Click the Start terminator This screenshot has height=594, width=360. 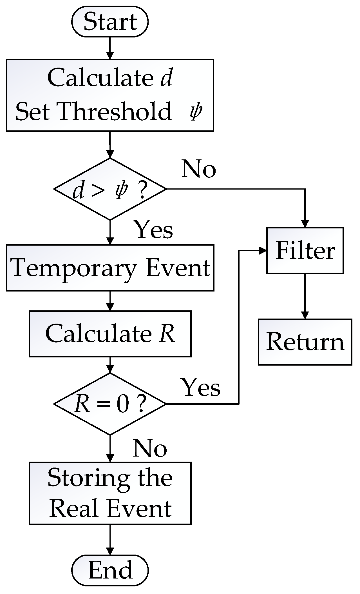pos(110,22)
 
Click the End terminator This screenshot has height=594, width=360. pos(110,570)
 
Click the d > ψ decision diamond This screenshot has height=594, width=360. pos(110,189)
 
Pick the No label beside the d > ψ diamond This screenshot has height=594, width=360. pos(199,169)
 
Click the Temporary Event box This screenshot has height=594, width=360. pos(110,268)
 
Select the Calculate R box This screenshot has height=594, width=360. pos(110,334)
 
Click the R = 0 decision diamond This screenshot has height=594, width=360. pos(110,404)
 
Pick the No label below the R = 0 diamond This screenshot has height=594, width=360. pos(150,448)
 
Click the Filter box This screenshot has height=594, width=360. pos(305,250)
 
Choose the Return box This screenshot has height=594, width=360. pos(305,342)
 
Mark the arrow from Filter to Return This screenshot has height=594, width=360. pos(305,296)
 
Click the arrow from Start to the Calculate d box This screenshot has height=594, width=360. pos(110,48)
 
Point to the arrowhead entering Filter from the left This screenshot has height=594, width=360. pos(263,250)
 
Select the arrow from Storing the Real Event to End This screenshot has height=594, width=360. pos(110,539)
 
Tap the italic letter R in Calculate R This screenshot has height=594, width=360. pos(167,334)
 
